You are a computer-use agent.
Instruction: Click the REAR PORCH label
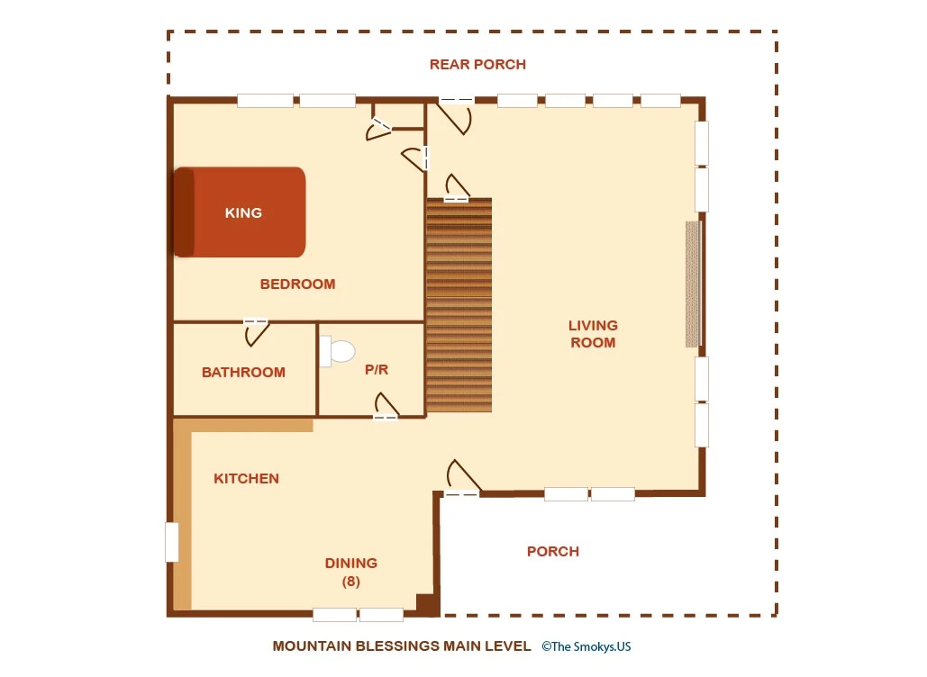click(x=477, y=65)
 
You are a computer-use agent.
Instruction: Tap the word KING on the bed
click(x=243, y=212)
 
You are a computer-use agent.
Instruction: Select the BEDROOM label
click(x=297, y=284)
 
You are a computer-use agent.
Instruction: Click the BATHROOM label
click(x=243, y=372)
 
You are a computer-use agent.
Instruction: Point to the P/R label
click(x=377, y=370)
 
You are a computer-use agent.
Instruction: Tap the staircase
click(x=459, y=305)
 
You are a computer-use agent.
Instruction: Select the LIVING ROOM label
click(x=593, y=334)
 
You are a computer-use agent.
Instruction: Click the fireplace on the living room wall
click(x=693, y=284)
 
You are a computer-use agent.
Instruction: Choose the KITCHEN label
click(x=246, y=479)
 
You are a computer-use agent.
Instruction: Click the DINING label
click(x=351, y=563)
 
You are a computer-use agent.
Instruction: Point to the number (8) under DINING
click(x=351, y=582)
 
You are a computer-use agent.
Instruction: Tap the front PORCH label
click(x=553, y=551)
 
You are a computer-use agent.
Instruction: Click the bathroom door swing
click(x=257, y=332)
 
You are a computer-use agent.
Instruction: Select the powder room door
click(x=386, y=406)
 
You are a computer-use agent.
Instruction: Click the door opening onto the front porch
click(x=462, y=477)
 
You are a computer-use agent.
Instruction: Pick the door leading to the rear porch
click(x=455, y=116)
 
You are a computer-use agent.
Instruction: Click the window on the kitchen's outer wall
click(x=171, y=542)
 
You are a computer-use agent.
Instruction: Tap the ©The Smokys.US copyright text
click(x=586, y=646)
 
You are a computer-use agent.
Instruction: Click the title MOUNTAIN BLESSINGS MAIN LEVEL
click(x=402, y=646)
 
